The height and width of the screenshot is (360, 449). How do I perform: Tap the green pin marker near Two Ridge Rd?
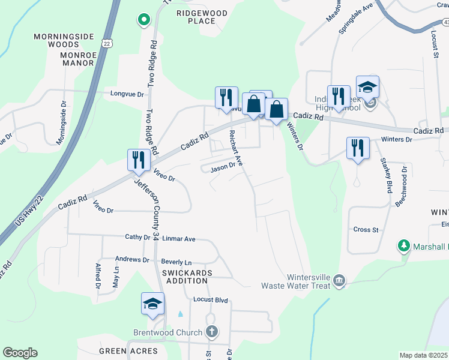[x=143, y=20]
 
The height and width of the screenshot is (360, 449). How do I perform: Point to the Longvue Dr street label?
[x=128, y=94]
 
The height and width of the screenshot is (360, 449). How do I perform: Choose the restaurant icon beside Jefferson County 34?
[x=138, y=160]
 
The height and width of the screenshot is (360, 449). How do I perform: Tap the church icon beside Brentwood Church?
[x=211, y=331]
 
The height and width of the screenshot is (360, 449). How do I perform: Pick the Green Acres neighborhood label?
[x=128, y=351]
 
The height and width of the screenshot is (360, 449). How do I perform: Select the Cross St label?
[x=366, y=230]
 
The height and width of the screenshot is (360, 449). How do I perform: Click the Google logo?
[x=20, y=353]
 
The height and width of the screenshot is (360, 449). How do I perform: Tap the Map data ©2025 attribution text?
[x=423, y=355]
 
